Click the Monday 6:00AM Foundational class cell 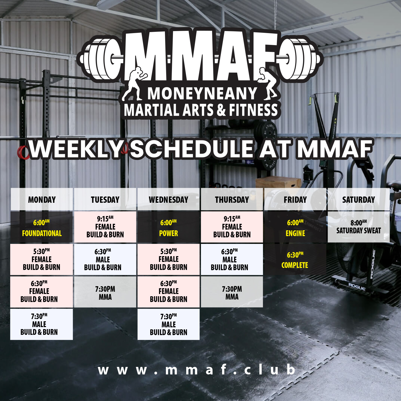(42, 227)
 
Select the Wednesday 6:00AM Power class (168, 227)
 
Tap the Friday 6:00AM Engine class (295, 227)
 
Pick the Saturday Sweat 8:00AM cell (358, 227)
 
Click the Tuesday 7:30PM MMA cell (105, 292)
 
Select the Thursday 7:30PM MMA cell (232, 292)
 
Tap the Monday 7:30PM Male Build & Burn (41, 324)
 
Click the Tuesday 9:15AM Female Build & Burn (105, 227)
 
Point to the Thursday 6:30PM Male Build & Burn (232, 259)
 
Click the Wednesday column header (168, 199)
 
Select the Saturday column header (358, 199)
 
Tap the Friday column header (295, 199)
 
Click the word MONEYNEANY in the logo (202, 94)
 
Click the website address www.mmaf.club (196, 370)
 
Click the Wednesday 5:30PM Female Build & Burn (168, 259)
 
